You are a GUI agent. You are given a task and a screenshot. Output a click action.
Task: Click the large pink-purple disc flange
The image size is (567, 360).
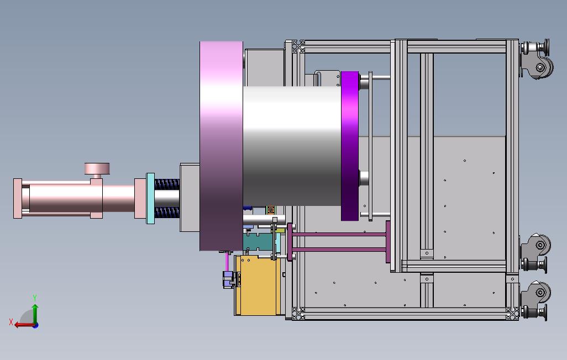pyautogui.click(x=221, y=146)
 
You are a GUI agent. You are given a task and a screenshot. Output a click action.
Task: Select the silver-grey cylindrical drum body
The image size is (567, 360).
pyautogui.click(x=291, y=146)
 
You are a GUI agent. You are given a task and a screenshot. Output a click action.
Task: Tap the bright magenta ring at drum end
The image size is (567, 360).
pyautogui.click(x=350, y=146)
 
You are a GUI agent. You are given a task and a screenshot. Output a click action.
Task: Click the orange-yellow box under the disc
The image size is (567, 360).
pyautogui.click(x=258, y=285)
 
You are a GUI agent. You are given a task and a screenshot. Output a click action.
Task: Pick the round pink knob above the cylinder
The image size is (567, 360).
pyautogui.click(x=97, y=168)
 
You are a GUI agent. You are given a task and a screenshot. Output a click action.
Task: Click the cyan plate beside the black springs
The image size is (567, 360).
pyautogui.click(x=150, y=198)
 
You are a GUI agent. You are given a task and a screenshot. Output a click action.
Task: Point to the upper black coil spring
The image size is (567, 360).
pyautogui.click(x=167, y=184)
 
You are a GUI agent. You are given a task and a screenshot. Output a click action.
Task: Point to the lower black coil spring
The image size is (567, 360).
pyautogui.click(x=167, y=212)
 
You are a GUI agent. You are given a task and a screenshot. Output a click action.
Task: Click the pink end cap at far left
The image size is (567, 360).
pyautogui.click(x=17, y=198)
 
